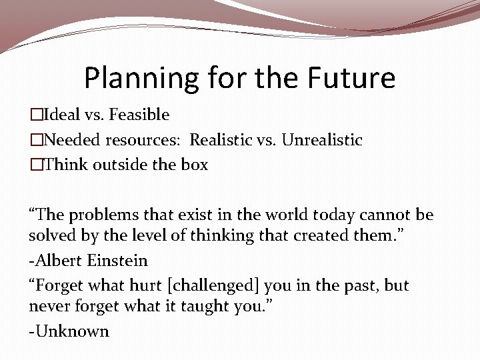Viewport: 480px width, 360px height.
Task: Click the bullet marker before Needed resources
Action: pos(34,140)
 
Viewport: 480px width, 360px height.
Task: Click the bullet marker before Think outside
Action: pos(34,165)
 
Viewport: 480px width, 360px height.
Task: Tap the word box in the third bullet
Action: pos(193,165)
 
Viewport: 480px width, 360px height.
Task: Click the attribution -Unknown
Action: pos(69,331)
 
